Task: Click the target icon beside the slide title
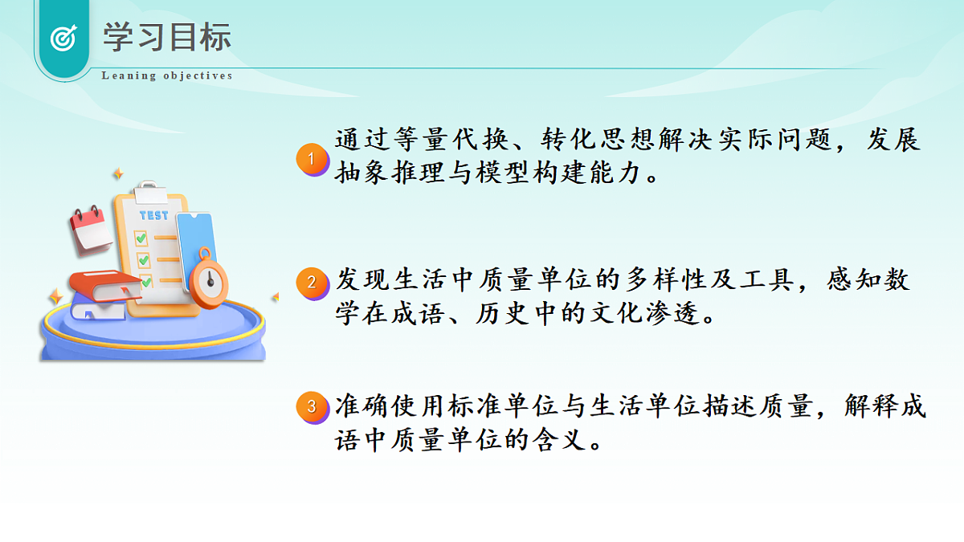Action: tap(63, 39)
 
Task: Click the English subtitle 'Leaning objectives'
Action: tap(167, 76)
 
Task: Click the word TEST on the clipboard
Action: tap(153, 215)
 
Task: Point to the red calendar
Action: tap(90, 228)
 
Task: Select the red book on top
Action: tap(104, 285)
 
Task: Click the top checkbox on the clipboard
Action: tap(141, 238)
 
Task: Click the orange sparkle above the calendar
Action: tap(118, 173)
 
